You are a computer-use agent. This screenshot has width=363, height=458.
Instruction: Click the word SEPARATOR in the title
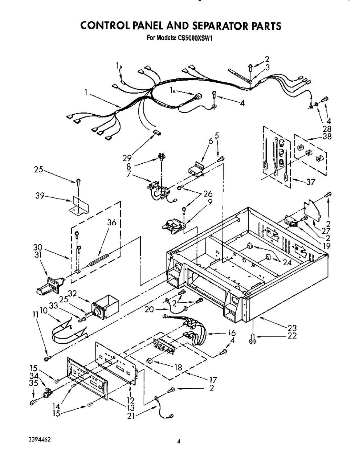pos(209,26)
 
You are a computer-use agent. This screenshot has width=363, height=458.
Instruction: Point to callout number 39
pos(40,196)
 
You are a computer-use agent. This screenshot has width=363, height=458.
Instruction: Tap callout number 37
pos(311,182)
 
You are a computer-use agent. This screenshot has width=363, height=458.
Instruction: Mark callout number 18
pos(178,367)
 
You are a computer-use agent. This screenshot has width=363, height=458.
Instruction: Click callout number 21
pos(131,417)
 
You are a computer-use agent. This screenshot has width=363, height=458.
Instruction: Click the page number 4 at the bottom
pos(179,441)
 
